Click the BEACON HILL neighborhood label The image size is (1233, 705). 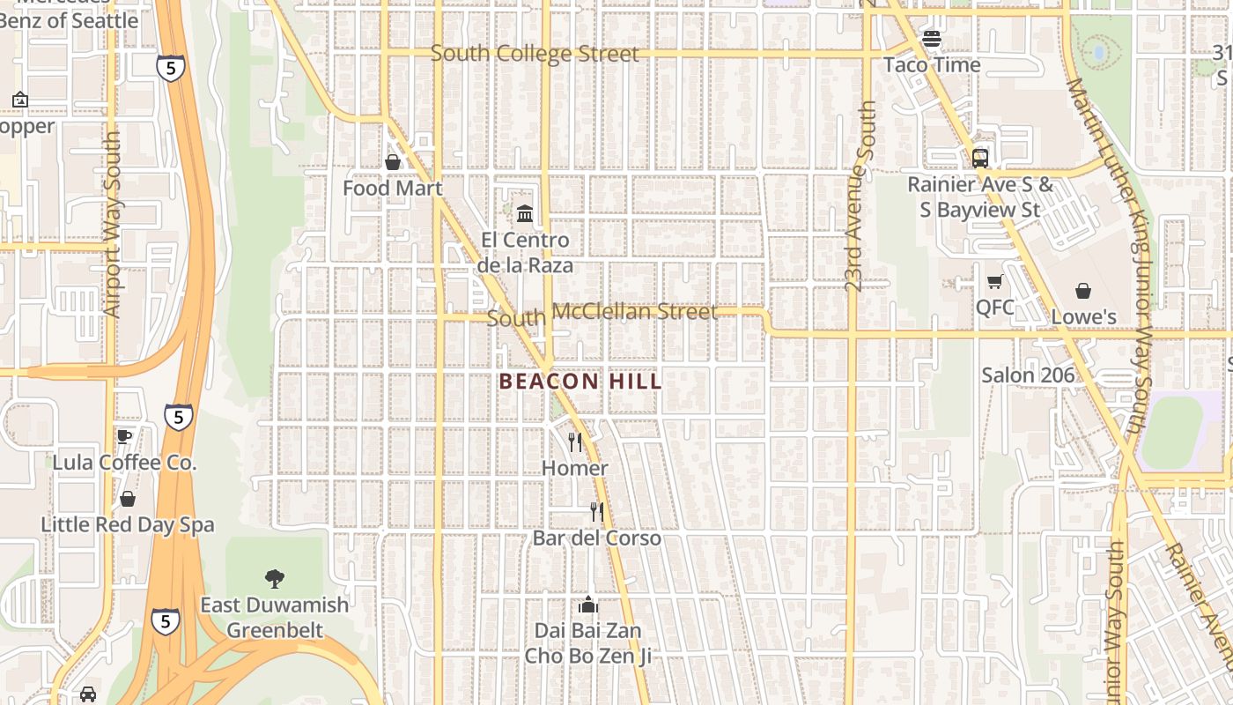[x=580, y=382]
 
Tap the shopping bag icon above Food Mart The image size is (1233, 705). [x=393, y=162]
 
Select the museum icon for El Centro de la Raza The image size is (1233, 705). [x=525, y=213]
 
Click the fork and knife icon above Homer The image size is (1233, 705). [x=575, y=442]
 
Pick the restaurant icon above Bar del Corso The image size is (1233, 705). [x=597, y=511]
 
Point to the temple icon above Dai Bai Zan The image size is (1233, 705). [x=588, y=605]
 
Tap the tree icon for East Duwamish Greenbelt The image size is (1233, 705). [x=275, y=579]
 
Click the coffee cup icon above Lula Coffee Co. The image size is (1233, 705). [x=124, y=436]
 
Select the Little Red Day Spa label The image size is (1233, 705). [x=128, y=524]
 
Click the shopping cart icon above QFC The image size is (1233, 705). [x=995, y=281]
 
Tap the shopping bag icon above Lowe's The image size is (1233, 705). [x=1083, y=291]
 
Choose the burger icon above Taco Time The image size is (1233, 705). [x=932, y=39]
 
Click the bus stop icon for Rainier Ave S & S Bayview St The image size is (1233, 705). [x=980, y=159]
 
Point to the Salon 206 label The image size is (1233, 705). [x=1028, y=375]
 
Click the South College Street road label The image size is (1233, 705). [x=535, y=54]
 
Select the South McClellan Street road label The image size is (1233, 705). [x=602, y=314]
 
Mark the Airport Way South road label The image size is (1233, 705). [x=112, y=225]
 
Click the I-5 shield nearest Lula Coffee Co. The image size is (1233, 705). [x=179, y=416]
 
